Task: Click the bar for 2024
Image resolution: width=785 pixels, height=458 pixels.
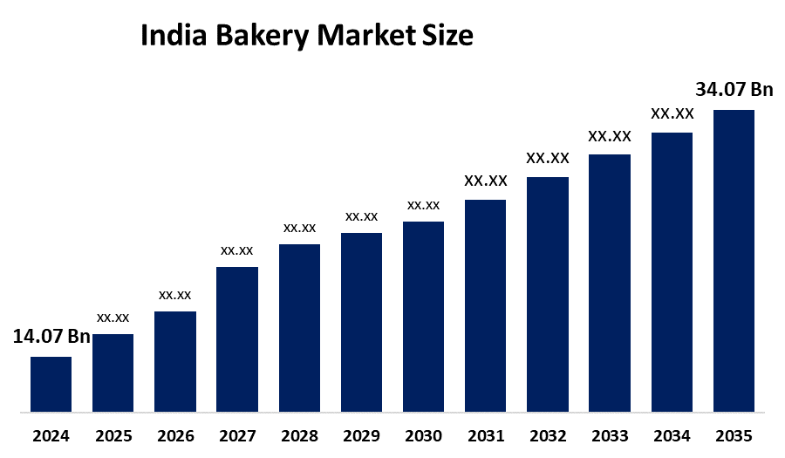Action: tap(51, 384)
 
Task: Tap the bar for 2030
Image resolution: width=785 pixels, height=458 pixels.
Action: tap(423, 316)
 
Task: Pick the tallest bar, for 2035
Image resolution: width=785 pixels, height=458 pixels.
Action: tap(734, 260)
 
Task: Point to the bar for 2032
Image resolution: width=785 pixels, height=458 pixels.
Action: tap(548, 294)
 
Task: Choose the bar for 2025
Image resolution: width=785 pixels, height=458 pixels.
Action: tap(113, 373)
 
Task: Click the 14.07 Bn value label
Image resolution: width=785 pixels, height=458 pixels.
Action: tap(51, 337)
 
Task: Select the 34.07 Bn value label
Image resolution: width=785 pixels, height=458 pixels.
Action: tap(734, 89)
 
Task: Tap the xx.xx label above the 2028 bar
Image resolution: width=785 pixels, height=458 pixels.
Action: tap(299, 228)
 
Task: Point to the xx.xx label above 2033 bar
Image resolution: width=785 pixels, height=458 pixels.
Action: tap(610, 136)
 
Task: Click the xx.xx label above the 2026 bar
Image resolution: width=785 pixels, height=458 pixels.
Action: tap(175, 295)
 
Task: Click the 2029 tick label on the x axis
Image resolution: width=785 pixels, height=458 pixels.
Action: tap(361, 435)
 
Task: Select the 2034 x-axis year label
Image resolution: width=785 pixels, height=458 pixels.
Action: tap(672, 435)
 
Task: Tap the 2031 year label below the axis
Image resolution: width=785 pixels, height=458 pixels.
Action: tap(485, 435)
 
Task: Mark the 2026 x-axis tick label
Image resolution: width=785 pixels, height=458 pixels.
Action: tap(175, 435)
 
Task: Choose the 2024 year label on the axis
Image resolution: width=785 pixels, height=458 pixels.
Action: tap(51, 435)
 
